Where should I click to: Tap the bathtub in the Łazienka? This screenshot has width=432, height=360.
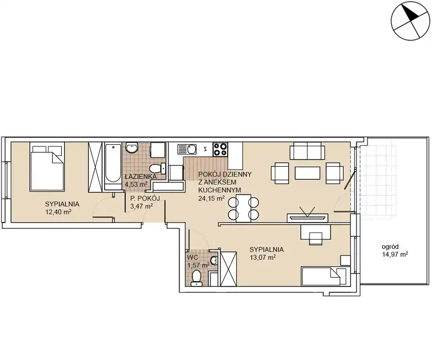pyautogui.click(x=113, y=166)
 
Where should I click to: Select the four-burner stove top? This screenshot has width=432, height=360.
pyautogui.click(x=220, y=149)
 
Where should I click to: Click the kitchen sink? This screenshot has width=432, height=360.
pyautogui.click(x=187, y=150)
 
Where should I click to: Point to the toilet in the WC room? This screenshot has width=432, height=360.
pyautogui.click(x=196, y=277)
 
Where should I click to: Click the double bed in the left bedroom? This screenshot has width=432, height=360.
pyautogui.click(x=47, y=166)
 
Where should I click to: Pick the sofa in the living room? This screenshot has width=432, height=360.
pyautogui.click(x=307, y=151)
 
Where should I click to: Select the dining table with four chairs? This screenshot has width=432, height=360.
pyautogui.click(x=243, y=208)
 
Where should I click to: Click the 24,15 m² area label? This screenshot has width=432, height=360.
pyautogui.click(x=211, y=198)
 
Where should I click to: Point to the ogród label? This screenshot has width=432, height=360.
pyautogui.click(x=390, y=247)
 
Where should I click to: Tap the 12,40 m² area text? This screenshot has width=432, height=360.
pyautogui.click(x=58, y=211)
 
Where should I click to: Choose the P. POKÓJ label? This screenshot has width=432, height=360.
pyautogui.click(x=145, y=198)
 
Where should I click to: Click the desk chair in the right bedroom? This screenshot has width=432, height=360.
pyautogui.click(x=316, y=239)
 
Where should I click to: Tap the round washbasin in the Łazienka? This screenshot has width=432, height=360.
pyautogui.click(x=132, y=147)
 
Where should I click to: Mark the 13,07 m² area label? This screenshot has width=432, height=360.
pyautogui.click(x=263, y=257)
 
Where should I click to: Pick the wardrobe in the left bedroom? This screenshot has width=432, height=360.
pyautogui.click(x=95, y=167)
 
